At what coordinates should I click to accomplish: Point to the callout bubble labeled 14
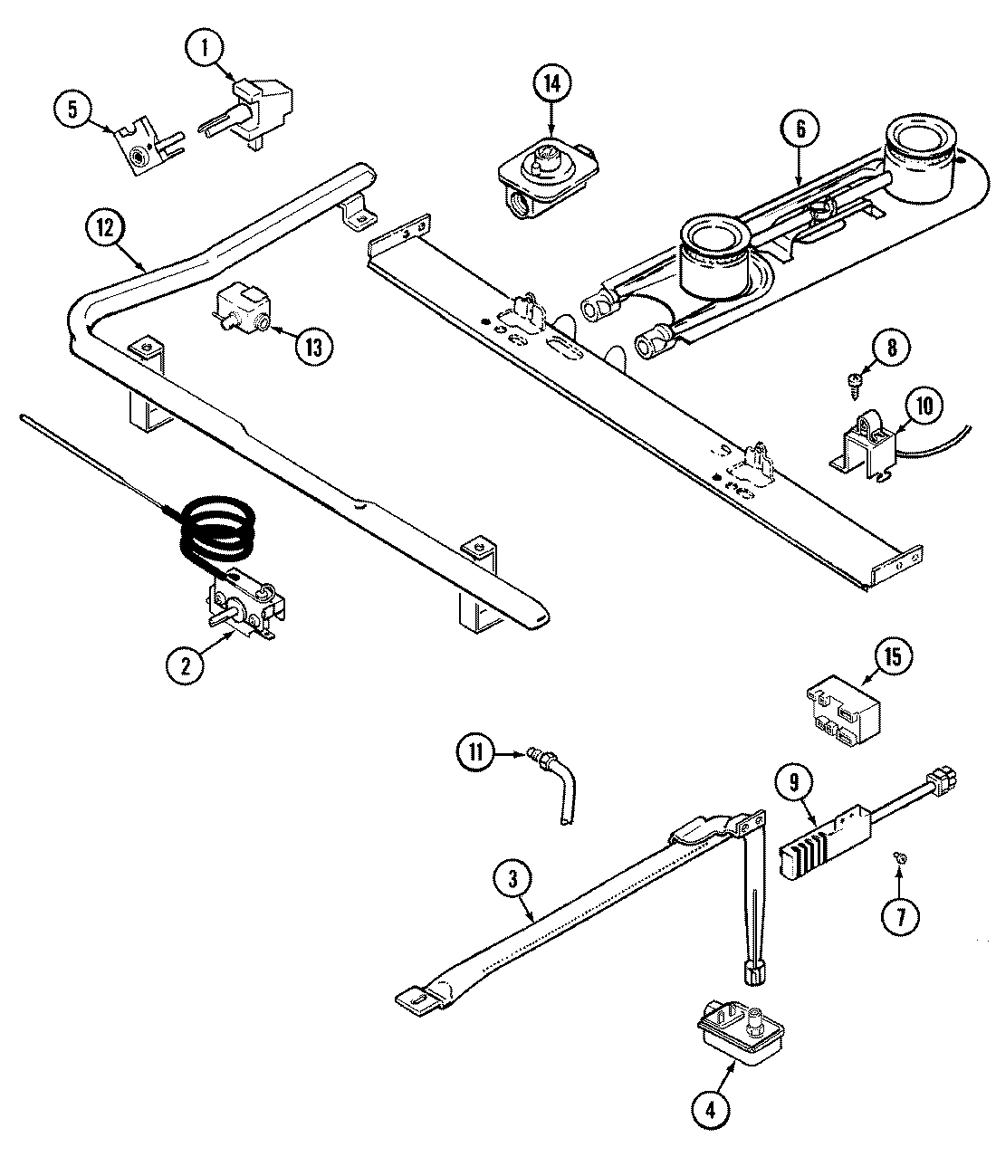(x=551, y=84)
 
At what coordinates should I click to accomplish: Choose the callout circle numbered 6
(x=800, y=129)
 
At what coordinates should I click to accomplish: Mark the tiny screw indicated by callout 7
(x=900, y=856)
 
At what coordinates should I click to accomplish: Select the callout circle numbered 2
(x=186, y=665)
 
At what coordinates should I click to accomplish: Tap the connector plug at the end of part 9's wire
(x=944, y=778)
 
